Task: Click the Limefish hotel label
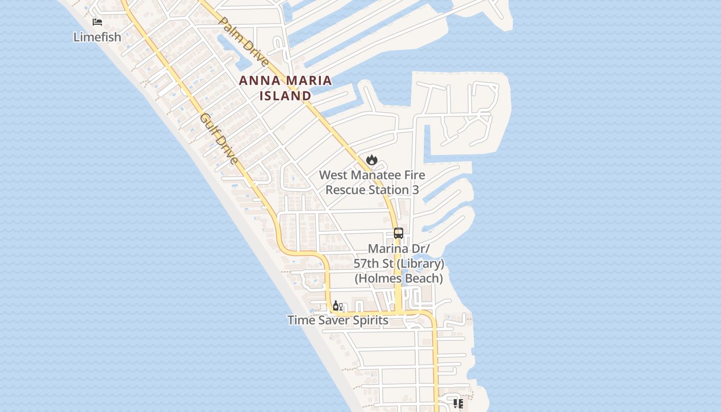pos(97,37)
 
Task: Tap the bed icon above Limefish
pos(97,22)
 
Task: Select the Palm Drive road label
pos(244,42)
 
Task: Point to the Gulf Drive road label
pos(220,139)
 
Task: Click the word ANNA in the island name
pos(259,81)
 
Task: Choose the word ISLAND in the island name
pos(285,96)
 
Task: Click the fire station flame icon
pos(372,160)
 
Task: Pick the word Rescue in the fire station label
pos(345,190)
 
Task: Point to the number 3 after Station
pos(415,190)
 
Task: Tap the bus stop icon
pos(399,233)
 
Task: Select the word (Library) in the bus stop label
pos(420,264)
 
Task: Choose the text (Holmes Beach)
pos(399,279)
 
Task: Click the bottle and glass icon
pos(338,306)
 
